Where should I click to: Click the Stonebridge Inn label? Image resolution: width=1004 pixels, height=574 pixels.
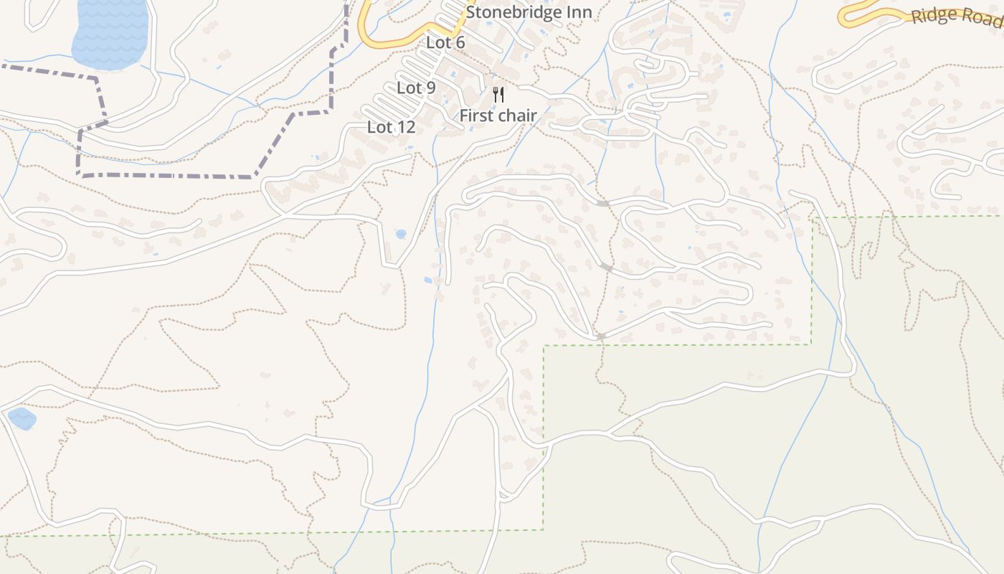pos(529,12)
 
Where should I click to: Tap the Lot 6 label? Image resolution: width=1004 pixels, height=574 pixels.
pos(445,42)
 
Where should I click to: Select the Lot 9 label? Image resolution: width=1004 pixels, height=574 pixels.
pos(416,88)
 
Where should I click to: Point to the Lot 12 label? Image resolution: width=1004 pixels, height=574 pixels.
pos(391,128)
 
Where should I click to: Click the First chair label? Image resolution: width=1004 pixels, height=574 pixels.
pos(498,116)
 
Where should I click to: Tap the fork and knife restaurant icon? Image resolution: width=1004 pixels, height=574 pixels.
pos(498,94)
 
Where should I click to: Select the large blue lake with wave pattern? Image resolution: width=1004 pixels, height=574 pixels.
pos(111,32)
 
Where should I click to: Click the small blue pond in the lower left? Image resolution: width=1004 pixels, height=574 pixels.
pos(22,418)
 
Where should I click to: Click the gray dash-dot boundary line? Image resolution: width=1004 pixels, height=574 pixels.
pos(165,176)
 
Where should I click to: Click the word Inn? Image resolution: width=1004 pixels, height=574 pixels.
pos(579,12)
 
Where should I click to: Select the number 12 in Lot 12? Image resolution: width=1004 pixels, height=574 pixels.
pos(405,128)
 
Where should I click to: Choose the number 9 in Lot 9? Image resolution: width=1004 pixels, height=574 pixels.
pos(430,88)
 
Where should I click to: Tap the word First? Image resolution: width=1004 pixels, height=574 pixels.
pos(475,116)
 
